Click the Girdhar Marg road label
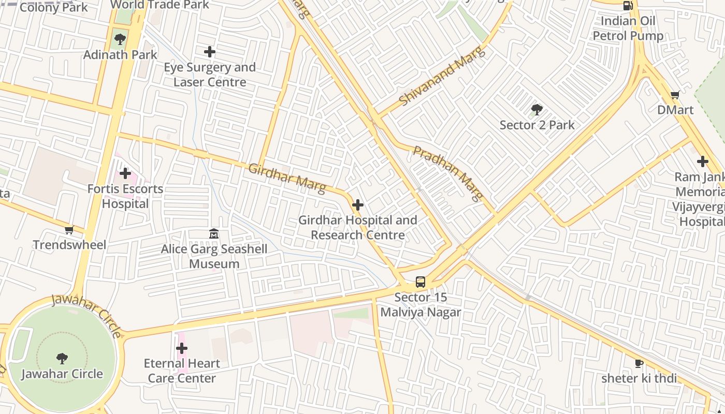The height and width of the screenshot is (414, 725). click(x=287, y=178)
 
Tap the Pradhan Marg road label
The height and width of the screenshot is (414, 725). click(x=448, y=173)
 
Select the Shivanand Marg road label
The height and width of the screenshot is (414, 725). click(x=443, y=76)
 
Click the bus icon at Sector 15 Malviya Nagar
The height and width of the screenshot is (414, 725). click(x=421, y=282)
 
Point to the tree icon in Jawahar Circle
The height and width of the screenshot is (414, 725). click(x=62, y=358)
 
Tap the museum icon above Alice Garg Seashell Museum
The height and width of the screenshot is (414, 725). click(x=214, y=234)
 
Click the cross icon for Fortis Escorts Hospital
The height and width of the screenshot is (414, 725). click(x=125, y=173)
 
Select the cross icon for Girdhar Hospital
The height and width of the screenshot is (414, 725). click(x=357, y=205)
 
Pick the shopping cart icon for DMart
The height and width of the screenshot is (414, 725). click(x=675, y=95)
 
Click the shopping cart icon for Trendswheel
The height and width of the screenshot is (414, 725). click(x=69, y=230)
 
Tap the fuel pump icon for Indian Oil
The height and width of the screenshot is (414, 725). click(x=628, y=6)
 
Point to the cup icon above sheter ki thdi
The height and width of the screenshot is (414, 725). click(x=639, y=363)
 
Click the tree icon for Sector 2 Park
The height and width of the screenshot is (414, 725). click(x=537, y=110)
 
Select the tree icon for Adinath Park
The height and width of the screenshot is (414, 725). click(x=120, y=39)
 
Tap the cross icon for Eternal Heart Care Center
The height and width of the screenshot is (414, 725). click(x=182, y=348)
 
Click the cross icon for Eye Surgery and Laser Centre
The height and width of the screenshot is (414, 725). click(x=210, y=52)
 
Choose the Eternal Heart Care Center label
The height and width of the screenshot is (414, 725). click(x=182, y=371)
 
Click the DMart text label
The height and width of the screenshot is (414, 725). click(x=675, y=110)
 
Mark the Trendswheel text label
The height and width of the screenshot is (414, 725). click(x=69, y=245)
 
